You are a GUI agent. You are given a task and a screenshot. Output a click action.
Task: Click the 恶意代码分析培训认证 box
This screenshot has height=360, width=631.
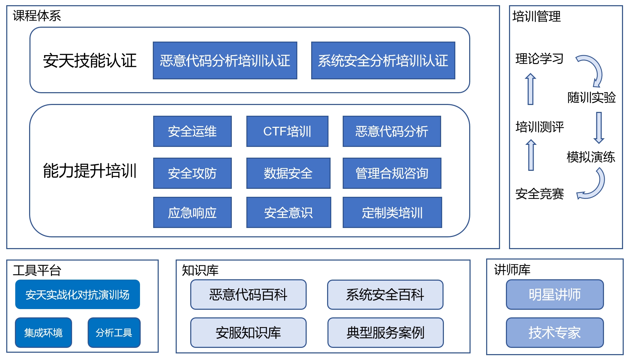pos(225,61)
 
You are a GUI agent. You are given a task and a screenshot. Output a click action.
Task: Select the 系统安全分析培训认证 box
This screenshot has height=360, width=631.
pos(383,61)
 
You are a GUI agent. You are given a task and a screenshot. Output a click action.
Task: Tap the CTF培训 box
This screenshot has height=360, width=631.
pos(287,131)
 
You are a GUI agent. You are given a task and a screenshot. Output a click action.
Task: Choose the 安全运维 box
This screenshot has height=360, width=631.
pos(192,131)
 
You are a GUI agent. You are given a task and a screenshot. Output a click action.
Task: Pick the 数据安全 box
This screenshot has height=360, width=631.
pos(288,173)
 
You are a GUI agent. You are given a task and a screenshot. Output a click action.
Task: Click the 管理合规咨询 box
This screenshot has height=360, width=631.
pos(392,173)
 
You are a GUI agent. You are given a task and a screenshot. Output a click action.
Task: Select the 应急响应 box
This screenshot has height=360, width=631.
pos(192,212)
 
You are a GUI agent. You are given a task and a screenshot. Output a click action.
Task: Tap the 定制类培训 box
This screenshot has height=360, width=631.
pos(392,212)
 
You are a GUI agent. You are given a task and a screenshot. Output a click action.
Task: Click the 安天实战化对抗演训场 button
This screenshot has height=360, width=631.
pos(78,295)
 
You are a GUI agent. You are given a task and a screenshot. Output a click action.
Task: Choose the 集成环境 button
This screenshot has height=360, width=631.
pos(44,333)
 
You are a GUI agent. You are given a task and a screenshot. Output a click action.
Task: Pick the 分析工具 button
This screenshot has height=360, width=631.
pos(114,333)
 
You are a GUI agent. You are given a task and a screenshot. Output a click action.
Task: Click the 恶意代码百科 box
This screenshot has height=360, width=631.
pos(248,295)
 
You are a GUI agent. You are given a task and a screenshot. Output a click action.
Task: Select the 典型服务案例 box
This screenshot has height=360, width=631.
pos(386,333)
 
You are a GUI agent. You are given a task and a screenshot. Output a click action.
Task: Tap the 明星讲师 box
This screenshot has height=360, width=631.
pos(555,295)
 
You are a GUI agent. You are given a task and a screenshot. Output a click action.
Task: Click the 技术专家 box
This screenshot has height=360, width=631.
pos(555,333)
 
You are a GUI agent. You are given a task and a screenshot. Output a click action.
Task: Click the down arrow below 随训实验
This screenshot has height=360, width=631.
pos(599,128)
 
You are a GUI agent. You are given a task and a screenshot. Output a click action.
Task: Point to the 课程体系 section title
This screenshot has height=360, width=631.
pos(37,16)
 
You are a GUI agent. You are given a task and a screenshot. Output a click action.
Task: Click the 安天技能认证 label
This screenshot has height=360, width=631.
pos(90,61)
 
